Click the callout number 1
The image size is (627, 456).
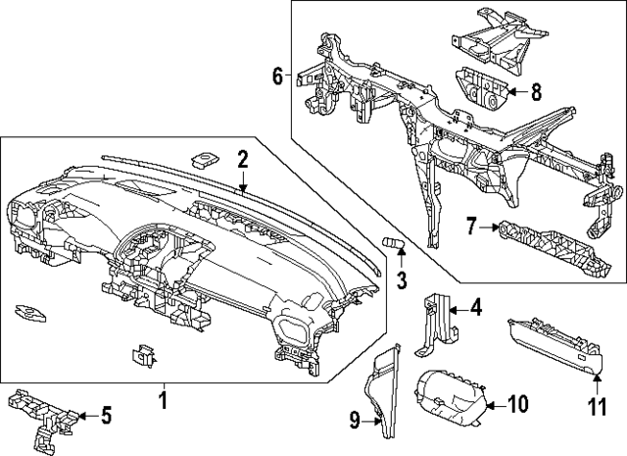pyautogui.click(x=164, y=400)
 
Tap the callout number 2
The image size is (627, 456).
pyautogui.click(x=242, y=158)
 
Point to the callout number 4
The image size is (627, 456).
pyautogui.click(x=475, y=308)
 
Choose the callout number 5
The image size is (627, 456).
pyautogui.click(x=106, y=415)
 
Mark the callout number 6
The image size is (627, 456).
pyautogui.click(x=277, y=75)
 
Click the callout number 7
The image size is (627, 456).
pyautogui.click(x=471, y=228)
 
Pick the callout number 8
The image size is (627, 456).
pyautogui.click(x=536, y=93)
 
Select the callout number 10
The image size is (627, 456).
pyautogui.click(x=520, y=403)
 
